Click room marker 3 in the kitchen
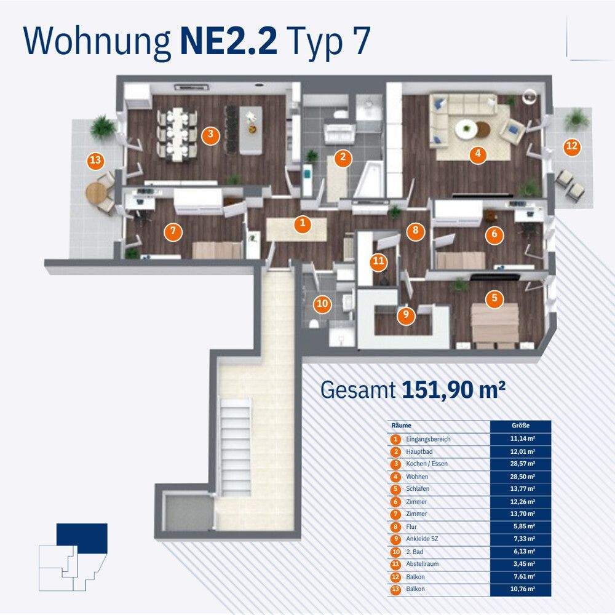tap(211, 135)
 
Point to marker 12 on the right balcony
tap(572, 146)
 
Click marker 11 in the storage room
tap(378, 262)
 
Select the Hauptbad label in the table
tap(420, 451)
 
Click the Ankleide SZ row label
tap(423, 539)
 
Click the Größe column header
tap(520, 426)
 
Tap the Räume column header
tap(402, 426)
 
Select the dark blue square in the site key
tap(82, 533)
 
